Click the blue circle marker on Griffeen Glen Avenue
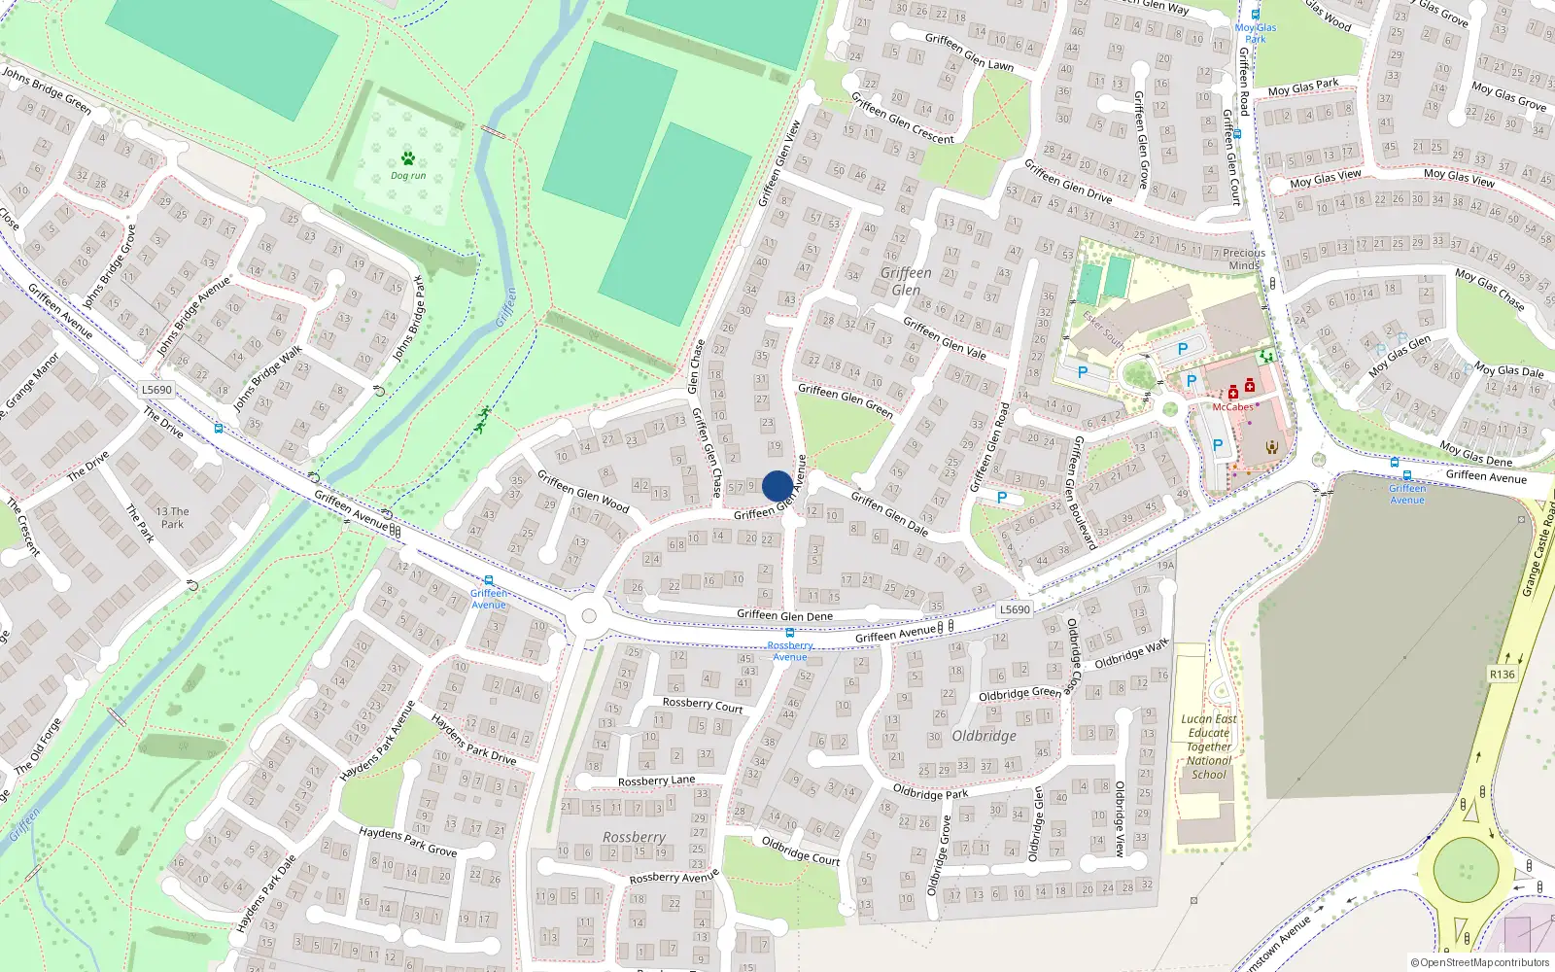777,486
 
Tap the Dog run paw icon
408,158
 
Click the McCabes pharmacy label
1232,407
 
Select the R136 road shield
1502,674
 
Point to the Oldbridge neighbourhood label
984,736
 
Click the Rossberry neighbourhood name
634,837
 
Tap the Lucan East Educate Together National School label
1209,746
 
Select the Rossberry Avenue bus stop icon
789,633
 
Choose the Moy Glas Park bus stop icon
1256,15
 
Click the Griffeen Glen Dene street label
784,615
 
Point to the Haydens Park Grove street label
407,842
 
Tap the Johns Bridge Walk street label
267,377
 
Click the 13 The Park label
172,517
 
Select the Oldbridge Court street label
800,850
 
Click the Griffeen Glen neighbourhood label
906,281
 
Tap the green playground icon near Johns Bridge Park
482,420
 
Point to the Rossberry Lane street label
656,781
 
